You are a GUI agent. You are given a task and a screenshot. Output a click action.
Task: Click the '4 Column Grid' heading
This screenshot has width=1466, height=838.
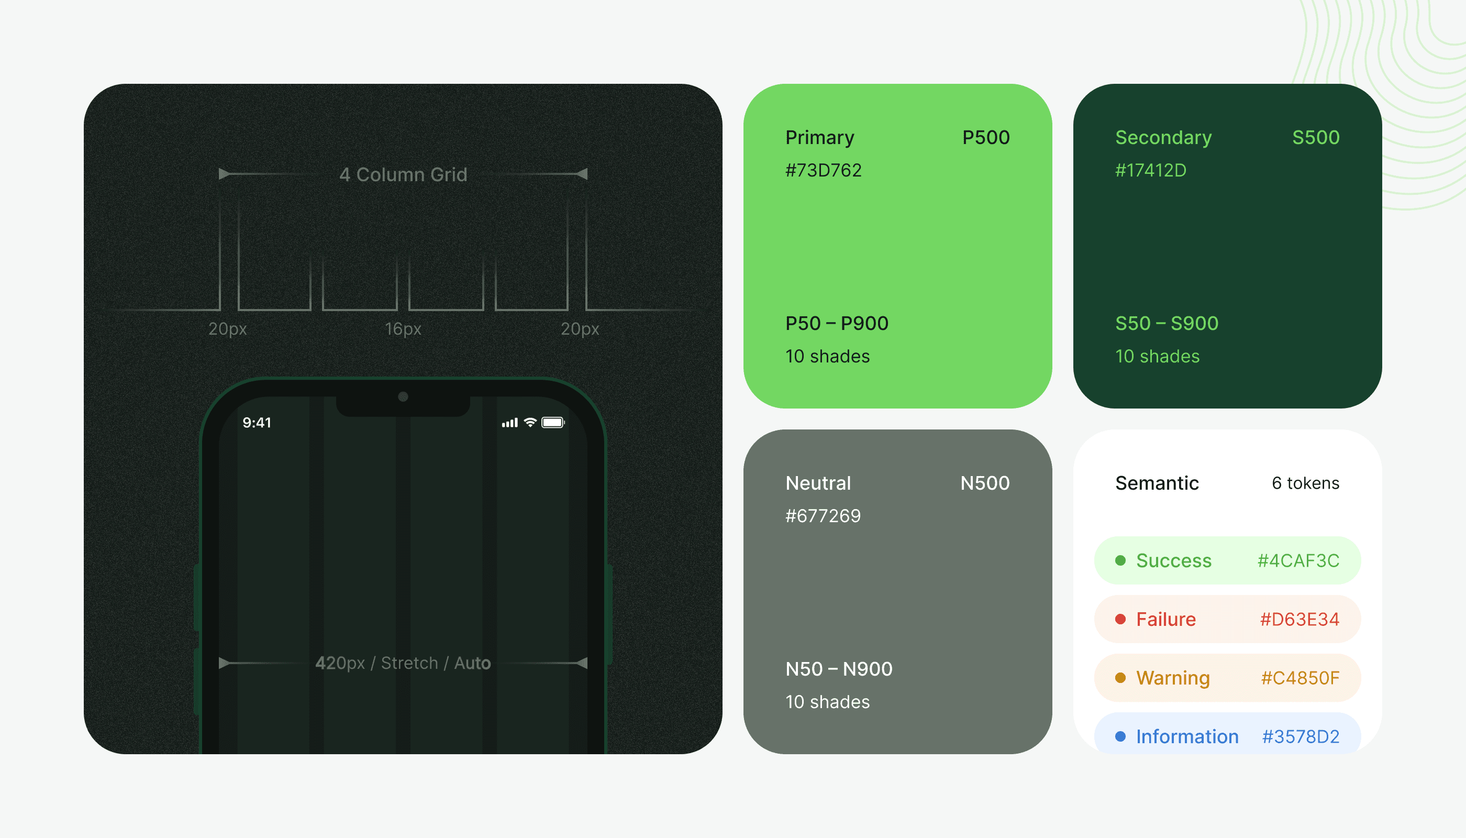pos(403,174)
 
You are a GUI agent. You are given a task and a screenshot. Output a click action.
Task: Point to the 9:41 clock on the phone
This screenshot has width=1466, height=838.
pos(257,423)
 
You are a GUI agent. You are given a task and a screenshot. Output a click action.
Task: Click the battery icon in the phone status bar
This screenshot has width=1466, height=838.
pos(553,423)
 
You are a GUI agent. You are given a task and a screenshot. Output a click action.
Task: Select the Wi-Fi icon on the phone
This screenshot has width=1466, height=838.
pos(530,423)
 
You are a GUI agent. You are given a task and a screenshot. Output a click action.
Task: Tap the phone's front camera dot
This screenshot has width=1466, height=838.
pos(403,396)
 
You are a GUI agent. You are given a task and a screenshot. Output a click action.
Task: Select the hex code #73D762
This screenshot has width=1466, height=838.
pos(824,170)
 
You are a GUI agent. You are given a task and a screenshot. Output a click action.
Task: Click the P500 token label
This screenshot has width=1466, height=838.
pos(985,138)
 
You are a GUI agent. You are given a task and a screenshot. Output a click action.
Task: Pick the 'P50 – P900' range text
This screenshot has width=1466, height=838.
pos(837,324)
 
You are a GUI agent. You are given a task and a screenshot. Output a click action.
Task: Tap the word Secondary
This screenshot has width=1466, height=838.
pos(1163,138)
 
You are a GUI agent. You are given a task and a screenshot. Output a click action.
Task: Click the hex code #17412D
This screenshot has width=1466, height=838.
pos(1151,170)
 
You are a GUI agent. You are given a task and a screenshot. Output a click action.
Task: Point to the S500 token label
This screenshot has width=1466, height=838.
pos(1315,138)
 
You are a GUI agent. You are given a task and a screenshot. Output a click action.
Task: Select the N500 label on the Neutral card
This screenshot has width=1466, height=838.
pos(984,483)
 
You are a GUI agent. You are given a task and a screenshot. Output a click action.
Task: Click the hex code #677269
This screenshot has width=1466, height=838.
pos(823,516)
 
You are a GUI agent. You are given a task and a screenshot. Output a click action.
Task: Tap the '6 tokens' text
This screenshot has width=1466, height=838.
pos(1305,483)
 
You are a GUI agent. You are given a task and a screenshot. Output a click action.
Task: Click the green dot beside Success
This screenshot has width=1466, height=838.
pos(1120,560)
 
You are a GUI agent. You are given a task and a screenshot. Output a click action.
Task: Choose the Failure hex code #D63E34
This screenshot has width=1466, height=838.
pos(1299,619)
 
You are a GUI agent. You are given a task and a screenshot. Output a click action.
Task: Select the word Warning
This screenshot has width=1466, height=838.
pos(1173,678)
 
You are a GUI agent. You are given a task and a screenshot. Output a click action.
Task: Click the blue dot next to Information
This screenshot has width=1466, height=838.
pos(1120,737)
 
